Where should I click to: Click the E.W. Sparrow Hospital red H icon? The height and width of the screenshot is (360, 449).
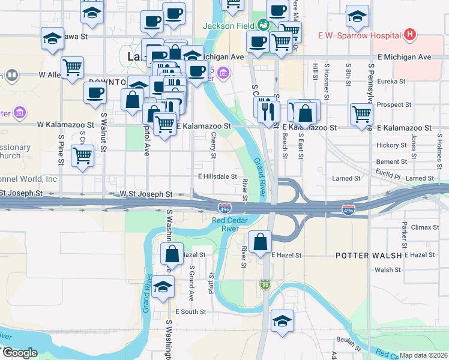click(x=410, y=34)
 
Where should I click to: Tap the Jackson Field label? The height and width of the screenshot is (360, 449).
click(x=229, y=26)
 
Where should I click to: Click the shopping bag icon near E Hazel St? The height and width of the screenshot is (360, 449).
click(x=261, y=242)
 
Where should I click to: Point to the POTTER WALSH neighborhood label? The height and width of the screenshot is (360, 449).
click(x=368, y=255)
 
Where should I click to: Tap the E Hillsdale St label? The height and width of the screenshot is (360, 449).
click(x=218, y=176)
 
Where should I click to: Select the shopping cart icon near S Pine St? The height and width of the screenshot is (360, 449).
click(x=82, y=155)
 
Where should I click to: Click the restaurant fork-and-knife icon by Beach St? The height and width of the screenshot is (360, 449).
click(x=268, y=110)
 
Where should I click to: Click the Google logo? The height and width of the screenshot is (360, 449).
click(x=20, y=353)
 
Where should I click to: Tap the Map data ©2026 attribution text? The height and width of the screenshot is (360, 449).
click(x=424, y=355)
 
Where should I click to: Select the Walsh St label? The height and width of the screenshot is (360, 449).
click(x=388, y=270)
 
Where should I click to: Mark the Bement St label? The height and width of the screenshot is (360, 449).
click(x=391, y=162)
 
